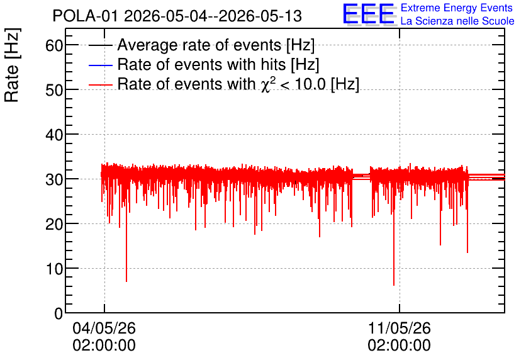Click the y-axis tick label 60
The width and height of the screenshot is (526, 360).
[54, 45]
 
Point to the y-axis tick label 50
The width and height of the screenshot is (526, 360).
[54, 90]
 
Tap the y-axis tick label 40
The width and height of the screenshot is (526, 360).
[54, 135]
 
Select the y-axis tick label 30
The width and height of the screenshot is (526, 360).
[54, 179]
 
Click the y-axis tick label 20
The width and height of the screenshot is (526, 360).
[54, 224]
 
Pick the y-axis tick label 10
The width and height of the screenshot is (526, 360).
[54, 269]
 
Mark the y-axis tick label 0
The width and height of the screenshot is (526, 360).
[59, 313]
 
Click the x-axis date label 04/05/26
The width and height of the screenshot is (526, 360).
[104, 328]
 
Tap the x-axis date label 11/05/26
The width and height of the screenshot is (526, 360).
[399, 328]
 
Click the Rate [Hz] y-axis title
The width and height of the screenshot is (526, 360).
[12, 65]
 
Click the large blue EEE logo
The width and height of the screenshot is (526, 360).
[369, 14]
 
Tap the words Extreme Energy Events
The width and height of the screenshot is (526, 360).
[457, 8]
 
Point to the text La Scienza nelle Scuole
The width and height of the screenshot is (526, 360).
[457, 21]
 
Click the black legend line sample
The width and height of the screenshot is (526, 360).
[100, 45]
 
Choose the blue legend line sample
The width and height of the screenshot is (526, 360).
[100, 65]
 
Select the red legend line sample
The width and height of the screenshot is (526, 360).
[100, 84]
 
